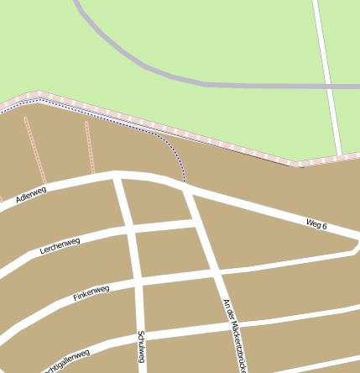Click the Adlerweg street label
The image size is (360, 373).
click(30, 196)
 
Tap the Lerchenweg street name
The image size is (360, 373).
click(59, 246)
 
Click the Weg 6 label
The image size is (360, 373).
click(316, 224)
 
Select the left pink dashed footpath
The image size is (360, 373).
click(34, 151)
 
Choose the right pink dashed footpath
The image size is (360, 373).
click(88, 147)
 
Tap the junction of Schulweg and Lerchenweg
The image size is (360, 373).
click(131, 228)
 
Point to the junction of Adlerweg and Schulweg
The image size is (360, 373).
click(118, 176)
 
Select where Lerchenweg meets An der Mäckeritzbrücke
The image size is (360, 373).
click(197, 223)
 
